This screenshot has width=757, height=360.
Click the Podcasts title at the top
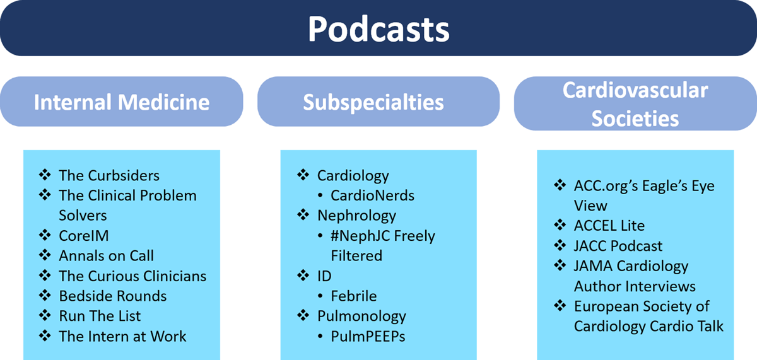pos(378,29)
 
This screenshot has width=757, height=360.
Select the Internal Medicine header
pos(122,102)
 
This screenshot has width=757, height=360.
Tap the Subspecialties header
pos(373,103)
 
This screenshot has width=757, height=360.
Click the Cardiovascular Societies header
pos(635,104)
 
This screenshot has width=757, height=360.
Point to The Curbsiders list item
pos(109,175)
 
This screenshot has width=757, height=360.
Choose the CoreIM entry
pos(84,236)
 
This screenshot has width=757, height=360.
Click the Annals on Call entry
pos(107,255)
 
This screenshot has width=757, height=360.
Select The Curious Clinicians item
pos(132,276)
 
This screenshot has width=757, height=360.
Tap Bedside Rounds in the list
pos(113,296)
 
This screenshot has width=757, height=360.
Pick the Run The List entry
pos(100,316)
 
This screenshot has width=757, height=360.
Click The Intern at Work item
pos(122,337)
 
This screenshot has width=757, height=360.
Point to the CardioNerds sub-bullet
pos(372,195)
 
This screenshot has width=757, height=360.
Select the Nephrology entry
pos(356,216)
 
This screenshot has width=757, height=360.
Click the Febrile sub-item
pos(353,296)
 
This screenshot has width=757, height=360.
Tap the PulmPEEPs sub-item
pos(368,337)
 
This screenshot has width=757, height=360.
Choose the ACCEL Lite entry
pos(609,226)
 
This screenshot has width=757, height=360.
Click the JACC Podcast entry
pos(618,246)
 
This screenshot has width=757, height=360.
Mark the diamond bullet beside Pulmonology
pos(303,315)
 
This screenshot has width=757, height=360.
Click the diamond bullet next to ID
pos(303,275)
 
